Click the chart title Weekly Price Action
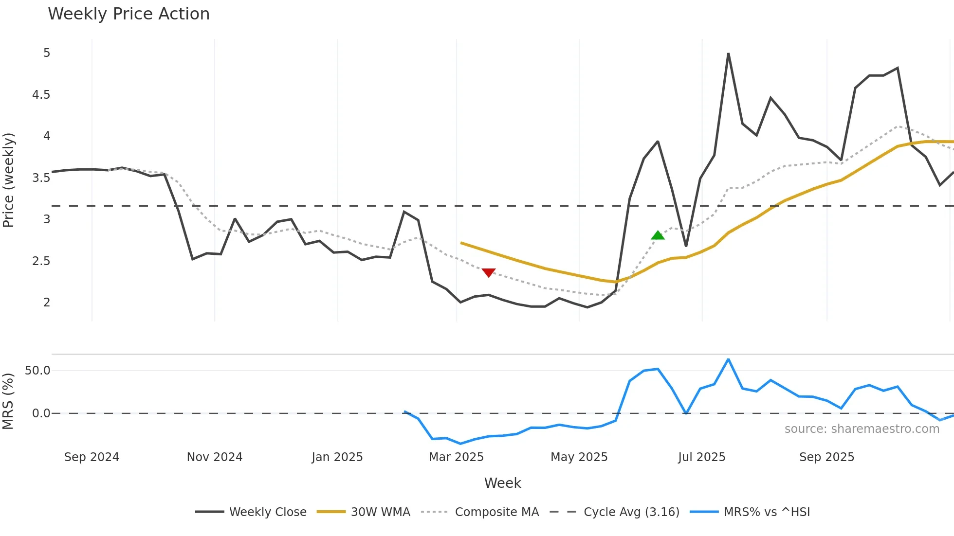coord(128,14)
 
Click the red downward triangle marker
coord(488,272)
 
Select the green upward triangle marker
coord(658,235)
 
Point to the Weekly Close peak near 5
coord(728,54)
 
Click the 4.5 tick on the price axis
coord(41,95)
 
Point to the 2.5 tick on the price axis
coord(41,261)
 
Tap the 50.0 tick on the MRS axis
coord(37,371)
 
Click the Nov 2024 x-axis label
coord(215,457)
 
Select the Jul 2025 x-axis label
coord(701,457)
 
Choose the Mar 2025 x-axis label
coord(456,457)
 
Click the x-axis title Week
coord(502,483)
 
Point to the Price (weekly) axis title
coord(9,180)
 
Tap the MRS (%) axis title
coord(8,401)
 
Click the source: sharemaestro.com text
coord(862,429)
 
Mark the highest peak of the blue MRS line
coord(728,359)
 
